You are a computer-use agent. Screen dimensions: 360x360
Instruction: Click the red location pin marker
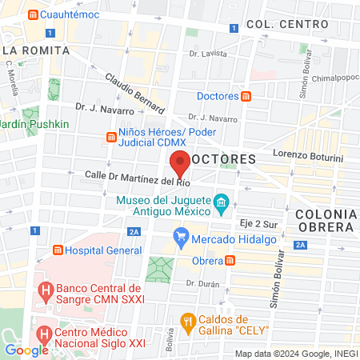click(x=181, y=164)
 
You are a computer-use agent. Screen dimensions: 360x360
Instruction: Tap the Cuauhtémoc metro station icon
click(x=32, y=15)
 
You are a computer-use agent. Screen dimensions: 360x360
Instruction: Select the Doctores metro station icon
click(x=246, y=96)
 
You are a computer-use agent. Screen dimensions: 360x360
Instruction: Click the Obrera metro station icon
click(x=230, y=261)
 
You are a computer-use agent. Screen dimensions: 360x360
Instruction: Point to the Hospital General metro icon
click(x=57, y=249)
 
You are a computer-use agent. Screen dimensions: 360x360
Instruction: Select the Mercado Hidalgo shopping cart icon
click(x=181, y=238)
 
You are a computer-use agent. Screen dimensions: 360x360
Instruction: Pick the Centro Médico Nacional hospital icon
click(x=46, y=331)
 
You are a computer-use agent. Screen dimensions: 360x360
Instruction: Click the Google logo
click(x=27, y=350)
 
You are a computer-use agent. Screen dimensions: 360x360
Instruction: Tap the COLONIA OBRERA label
click(x=326, y=220)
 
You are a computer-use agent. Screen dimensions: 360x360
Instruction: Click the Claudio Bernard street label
click(x=134, y=93)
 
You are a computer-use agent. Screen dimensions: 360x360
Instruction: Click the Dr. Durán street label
click(x=202, y=282)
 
